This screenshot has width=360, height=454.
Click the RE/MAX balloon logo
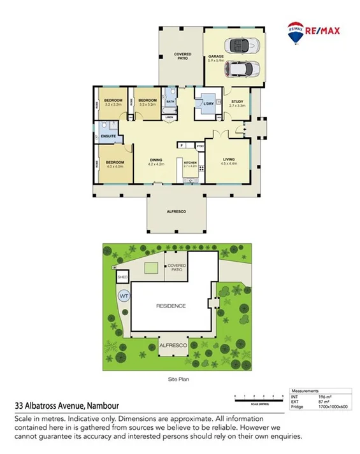295,33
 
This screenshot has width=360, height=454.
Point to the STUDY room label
237,103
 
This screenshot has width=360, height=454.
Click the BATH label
170,101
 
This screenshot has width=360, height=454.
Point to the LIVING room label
229,160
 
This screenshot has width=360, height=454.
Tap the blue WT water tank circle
123,296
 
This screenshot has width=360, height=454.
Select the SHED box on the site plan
123,278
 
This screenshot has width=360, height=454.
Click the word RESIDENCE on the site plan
171,306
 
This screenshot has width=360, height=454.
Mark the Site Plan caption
180,380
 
